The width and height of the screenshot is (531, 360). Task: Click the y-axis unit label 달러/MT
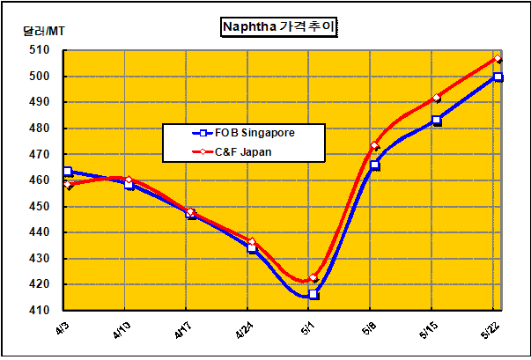[43, 31]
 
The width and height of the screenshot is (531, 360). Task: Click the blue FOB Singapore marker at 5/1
[313, 294]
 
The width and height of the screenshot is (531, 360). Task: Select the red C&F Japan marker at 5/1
[313, 278]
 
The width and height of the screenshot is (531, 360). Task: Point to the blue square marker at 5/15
[437, 121]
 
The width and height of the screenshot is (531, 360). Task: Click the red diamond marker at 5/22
[498, 59]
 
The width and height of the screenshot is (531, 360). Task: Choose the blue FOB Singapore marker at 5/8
[375, 165]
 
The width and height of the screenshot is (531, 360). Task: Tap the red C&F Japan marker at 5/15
[437, 98]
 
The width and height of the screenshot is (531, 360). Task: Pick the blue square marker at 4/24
[252, 248]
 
